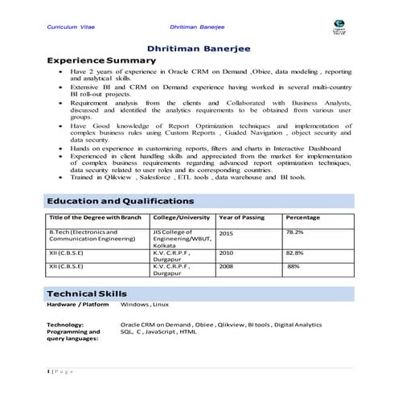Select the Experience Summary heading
point(101,60)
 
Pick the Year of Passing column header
point(243,218)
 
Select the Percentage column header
point(302,218)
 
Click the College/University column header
point(182,218)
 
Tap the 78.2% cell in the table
point(295,232)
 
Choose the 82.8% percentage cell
point(295,252)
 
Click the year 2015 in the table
point(226,233)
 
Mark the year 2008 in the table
point(226,265)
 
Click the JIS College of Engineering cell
point(180,239)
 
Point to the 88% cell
point(293,265)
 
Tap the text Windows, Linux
point(146,306)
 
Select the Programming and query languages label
point(73,335)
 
